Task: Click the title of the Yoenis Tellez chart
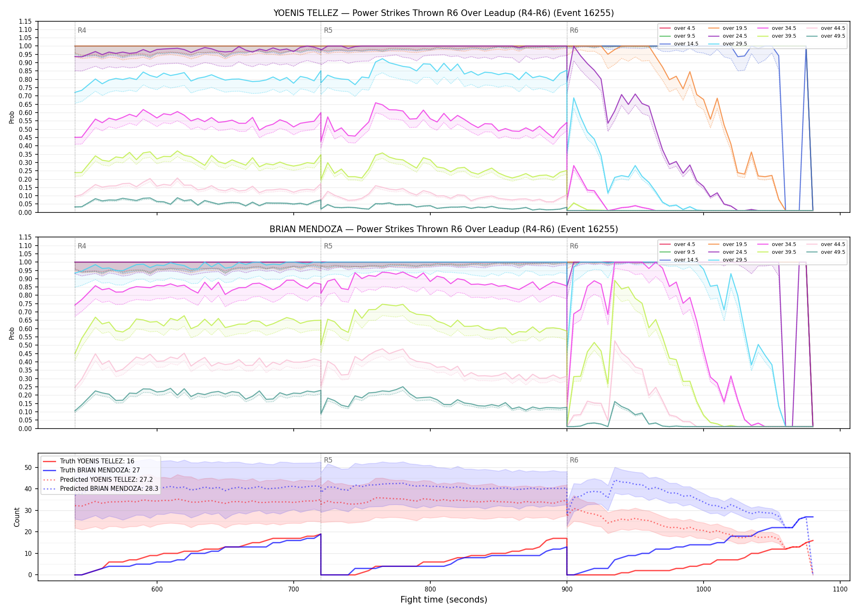click(x=443, y=13)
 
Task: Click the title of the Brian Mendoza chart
click(x=443, y=229)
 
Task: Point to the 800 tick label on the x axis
click(x=430, y=589)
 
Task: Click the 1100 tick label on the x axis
click(x=840, y=589)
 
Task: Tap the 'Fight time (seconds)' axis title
click(x=444, y=600)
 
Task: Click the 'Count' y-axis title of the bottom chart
click(x=17, y=517)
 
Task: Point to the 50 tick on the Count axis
click(x=28, y=467)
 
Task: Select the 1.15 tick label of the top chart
click(x=25, y=21)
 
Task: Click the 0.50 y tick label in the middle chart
click(x=25, y=345)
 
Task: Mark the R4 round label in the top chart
click(x=82, y=30)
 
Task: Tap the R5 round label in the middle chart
click(x=328, y=246)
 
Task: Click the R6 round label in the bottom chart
click(x=574, y=460)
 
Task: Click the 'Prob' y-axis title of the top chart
click(x=12, y=117)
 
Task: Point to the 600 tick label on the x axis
click(x=157, y=589)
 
